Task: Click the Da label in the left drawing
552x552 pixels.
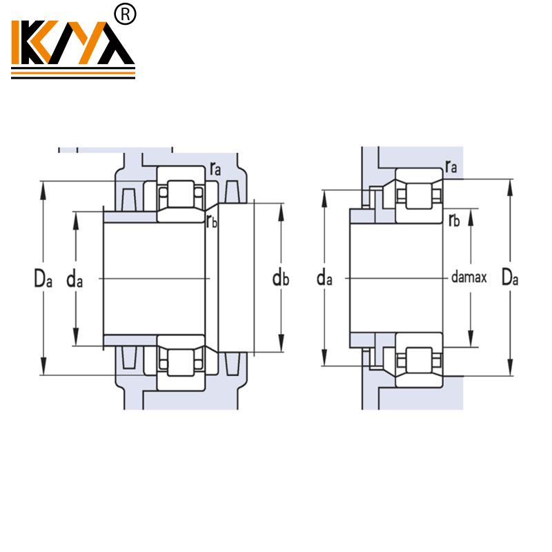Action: click(x=43, y=278)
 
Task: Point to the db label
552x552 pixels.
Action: click(x=280, y=278)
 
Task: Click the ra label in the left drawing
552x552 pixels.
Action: click(x=216, y=168)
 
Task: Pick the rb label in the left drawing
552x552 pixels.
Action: click(x=212, y=221)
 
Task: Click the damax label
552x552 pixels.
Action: click(x=469, y=278)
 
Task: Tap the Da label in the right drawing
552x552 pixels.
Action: click(x=510, y=278)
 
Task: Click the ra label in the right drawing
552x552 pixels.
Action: click(x=451, y=166)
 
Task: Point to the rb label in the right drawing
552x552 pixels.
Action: click(x=453, y=220)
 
